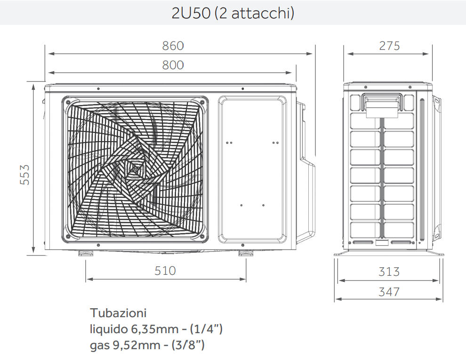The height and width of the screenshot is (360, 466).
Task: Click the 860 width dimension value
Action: [173, 46]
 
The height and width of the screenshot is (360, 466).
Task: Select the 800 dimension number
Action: [173, 65]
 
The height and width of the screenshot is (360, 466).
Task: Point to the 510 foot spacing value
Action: [165, 271]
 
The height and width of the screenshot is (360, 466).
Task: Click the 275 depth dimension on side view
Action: [389, 46]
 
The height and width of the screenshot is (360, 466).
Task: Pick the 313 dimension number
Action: [389, 272]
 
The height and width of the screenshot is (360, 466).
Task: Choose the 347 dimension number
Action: [389, 292]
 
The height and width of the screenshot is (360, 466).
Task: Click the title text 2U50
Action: [191, 14]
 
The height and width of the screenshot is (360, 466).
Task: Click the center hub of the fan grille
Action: [135, 168]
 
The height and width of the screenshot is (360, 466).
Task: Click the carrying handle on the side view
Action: [382, 104]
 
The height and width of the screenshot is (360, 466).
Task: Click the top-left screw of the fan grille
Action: [69, 102]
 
